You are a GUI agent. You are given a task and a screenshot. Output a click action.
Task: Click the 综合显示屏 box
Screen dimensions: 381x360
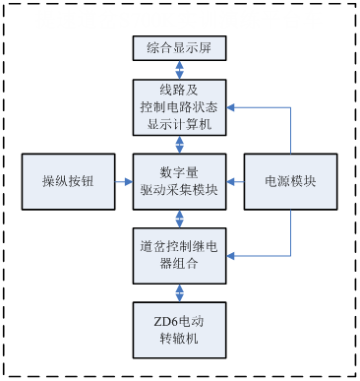(x=179, y=46)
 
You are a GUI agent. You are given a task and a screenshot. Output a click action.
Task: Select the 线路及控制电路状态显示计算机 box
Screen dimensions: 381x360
(x=179, y=107)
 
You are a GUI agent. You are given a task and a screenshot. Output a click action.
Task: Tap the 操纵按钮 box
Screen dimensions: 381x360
(x=67, y=181)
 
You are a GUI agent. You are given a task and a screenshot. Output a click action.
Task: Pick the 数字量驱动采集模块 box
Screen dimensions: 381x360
(x=179, y=181)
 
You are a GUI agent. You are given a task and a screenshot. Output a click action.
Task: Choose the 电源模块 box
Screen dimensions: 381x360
(x=290, y=181)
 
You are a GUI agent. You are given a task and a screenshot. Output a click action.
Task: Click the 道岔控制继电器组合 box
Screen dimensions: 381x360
(x=179, y=255)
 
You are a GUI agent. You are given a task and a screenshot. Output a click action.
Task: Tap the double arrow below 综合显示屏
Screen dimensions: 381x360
(x=179, y=70)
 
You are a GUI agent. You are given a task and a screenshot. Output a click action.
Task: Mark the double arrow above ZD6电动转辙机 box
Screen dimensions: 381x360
(x=179, y=292)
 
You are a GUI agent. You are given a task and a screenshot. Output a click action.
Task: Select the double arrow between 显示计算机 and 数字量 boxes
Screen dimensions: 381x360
(x=179, y=144)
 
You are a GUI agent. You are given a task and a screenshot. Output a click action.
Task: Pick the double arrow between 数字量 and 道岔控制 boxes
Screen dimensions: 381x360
(x=179, y=219)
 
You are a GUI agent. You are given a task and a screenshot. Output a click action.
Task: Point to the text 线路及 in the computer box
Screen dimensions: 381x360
(x=179, y=91)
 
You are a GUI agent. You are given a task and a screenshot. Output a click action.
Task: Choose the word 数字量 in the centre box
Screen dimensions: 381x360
(x=179, y=172)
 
